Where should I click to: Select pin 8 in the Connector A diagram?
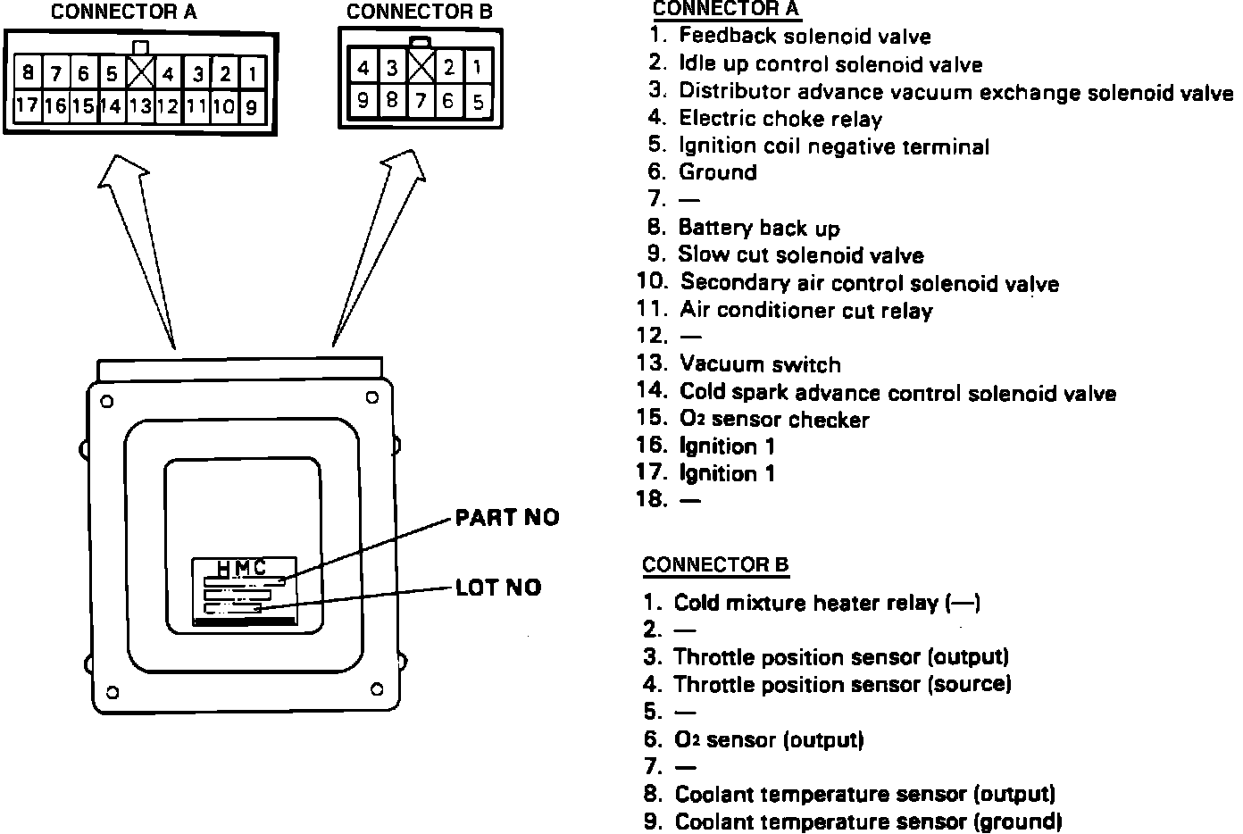[x=29, y=72]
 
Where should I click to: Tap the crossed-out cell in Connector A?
[x=141, y=72]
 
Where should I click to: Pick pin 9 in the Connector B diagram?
[x=363, y=100]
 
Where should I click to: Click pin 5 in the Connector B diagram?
[x=478, y=101]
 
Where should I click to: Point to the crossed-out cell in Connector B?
[x=421, y=67]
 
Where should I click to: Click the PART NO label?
[x=507, y=518]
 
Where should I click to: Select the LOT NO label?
[x=498, y=588]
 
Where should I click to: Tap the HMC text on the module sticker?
[x=241, y=568]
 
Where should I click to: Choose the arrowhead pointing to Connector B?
[x=405, y=165]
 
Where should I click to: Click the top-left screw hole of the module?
[x=107, y=401]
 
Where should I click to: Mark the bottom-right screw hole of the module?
[x=377, y=689]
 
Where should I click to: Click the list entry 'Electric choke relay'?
[x=780, y=118]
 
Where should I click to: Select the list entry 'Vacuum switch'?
[x=760, y=364]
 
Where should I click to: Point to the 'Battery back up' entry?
[x=759, y=228]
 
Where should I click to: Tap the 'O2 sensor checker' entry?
[x=774, y=419]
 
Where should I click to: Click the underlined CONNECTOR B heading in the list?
[x=715, y=565]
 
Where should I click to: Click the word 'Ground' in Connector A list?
[x=718, y=172]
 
